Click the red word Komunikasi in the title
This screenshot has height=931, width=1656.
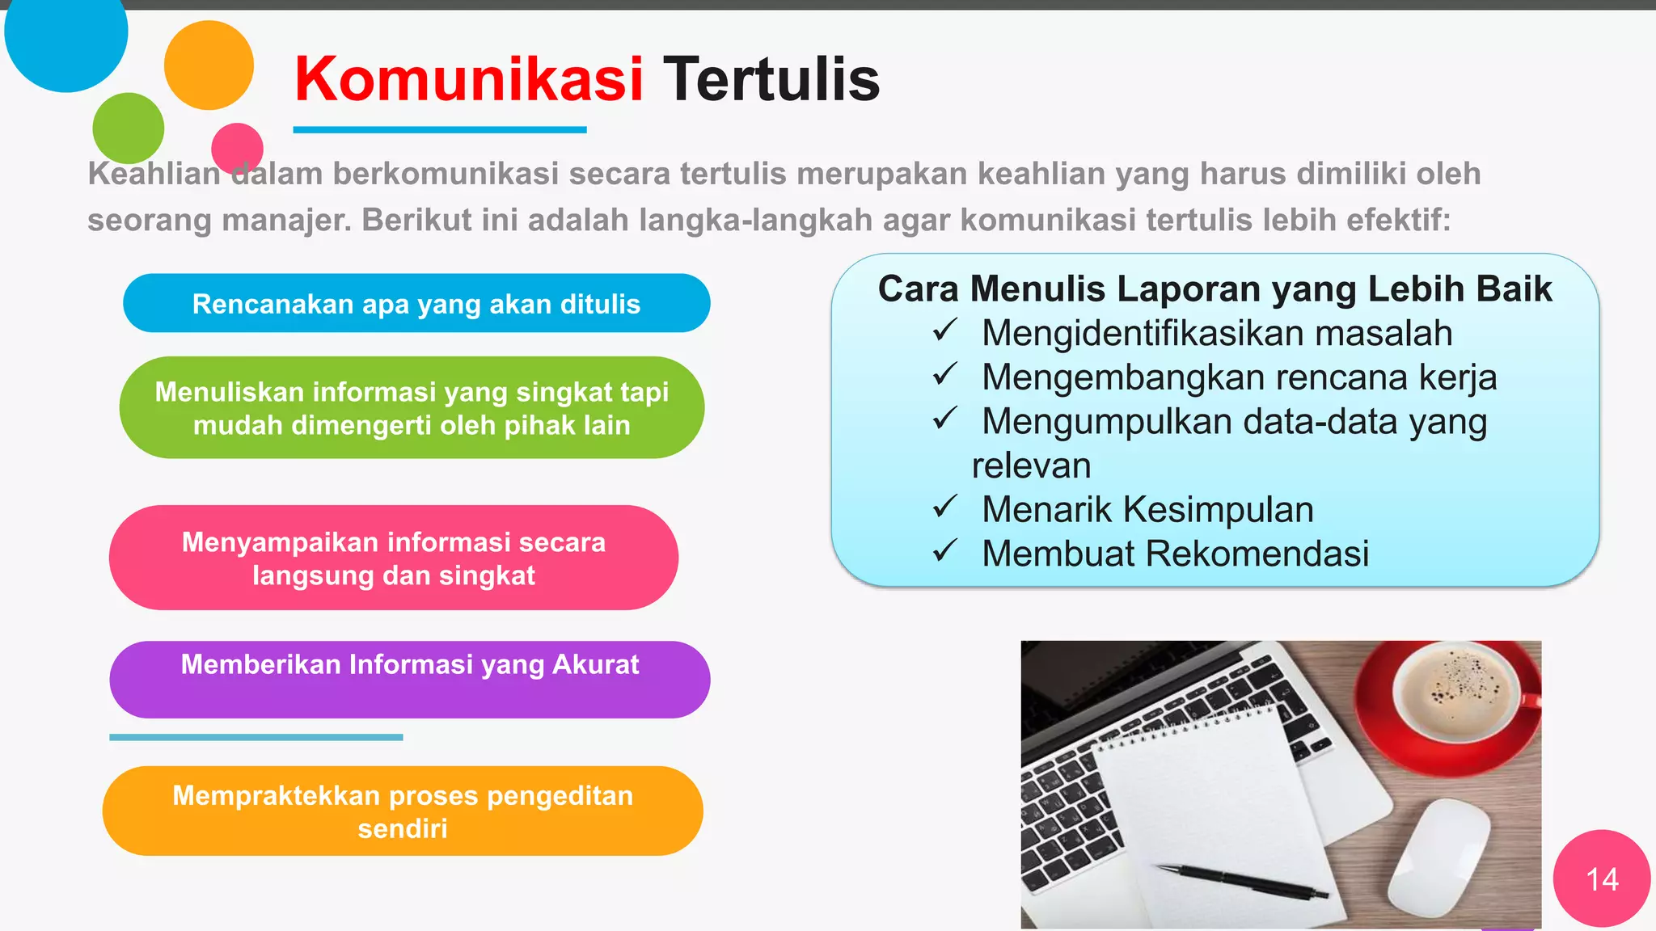coord(468,79)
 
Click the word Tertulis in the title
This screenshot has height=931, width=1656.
coord(771,79)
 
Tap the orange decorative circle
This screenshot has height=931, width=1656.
coord(209,65)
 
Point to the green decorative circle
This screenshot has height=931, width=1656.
coord(128,127)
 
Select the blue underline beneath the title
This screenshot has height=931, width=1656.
coord(439,129)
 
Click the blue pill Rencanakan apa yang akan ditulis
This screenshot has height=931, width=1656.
coord(416,304)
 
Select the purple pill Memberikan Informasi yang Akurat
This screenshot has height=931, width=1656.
coord(409,679)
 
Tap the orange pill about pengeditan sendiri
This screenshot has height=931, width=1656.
coord(403,811)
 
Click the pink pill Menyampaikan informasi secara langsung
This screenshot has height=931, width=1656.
coord(393,558)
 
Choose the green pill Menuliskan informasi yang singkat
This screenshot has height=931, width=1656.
coord(412,407)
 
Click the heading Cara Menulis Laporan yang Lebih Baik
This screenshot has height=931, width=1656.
coord(1215,289)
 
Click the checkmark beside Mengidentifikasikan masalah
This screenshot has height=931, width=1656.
coord(944,331)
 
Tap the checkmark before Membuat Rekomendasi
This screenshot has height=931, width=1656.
coord(944,551)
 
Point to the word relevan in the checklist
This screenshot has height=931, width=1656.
coord(1031,465)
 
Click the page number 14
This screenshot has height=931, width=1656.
coord(1602,879)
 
